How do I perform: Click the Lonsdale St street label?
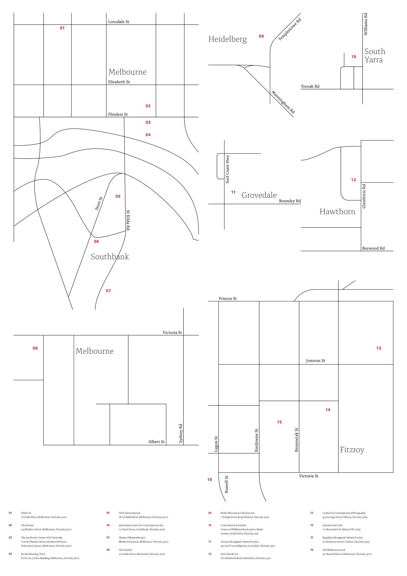(119, 22)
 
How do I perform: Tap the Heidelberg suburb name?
(227, 39)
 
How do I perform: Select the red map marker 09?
(261, 36)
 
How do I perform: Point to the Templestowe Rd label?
(290, 29)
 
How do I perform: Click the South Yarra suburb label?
(375, 55)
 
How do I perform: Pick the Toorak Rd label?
(310, 86)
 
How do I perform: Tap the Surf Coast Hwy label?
(227, 169)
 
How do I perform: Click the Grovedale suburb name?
(259, 195)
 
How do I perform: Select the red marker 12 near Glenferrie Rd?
(353, 180)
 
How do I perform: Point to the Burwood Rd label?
(373, 248)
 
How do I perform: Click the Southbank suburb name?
(110, 257)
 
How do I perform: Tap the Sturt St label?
(99, 203)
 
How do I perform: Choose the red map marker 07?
(108, 291)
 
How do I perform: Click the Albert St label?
(156, 442)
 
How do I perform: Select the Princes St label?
(228, 298)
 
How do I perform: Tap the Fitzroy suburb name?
(352, 450)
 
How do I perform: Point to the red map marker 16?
(209, 480)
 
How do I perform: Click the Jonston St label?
(315, 360)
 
